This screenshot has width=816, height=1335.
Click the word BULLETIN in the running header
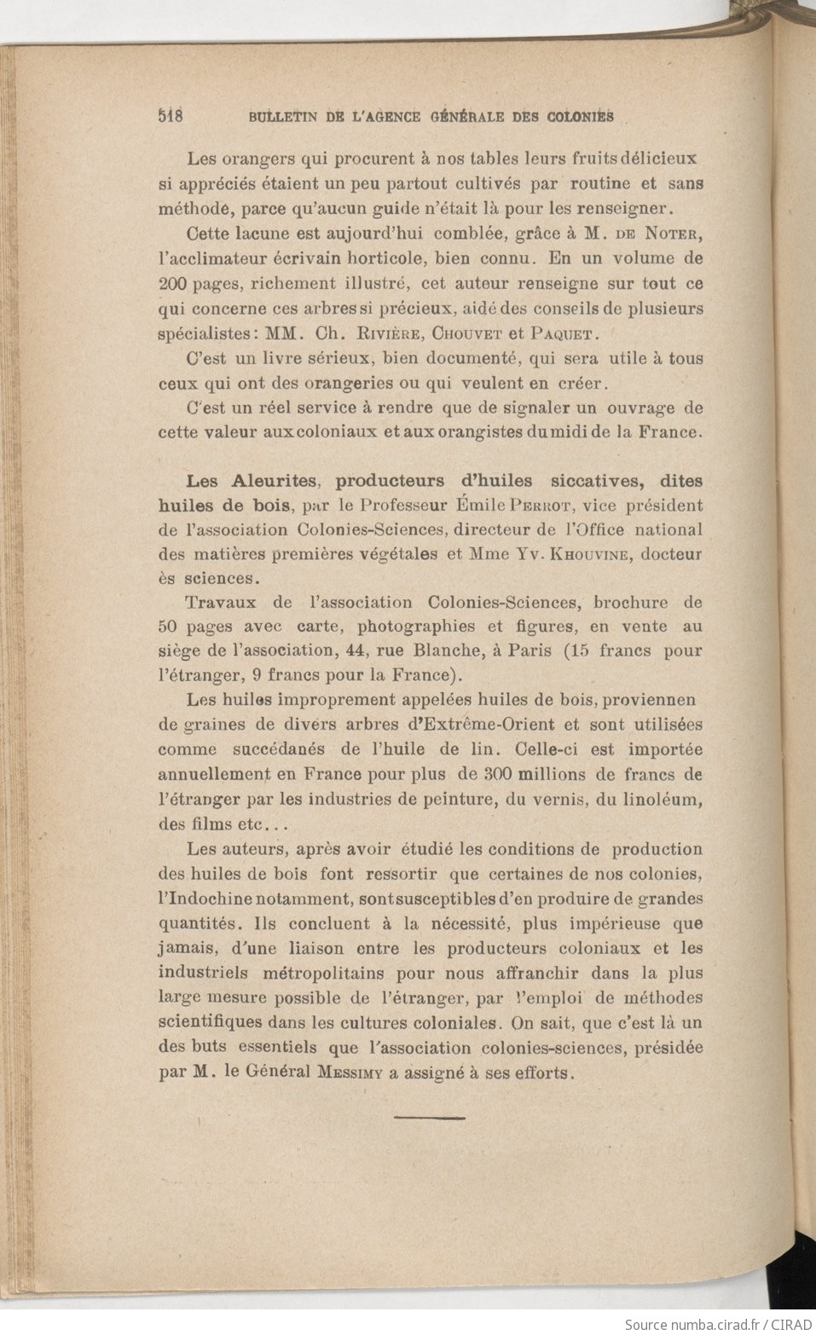coord(284,118)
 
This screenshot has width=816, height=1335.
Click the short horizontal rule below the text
coord(431,1117)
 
